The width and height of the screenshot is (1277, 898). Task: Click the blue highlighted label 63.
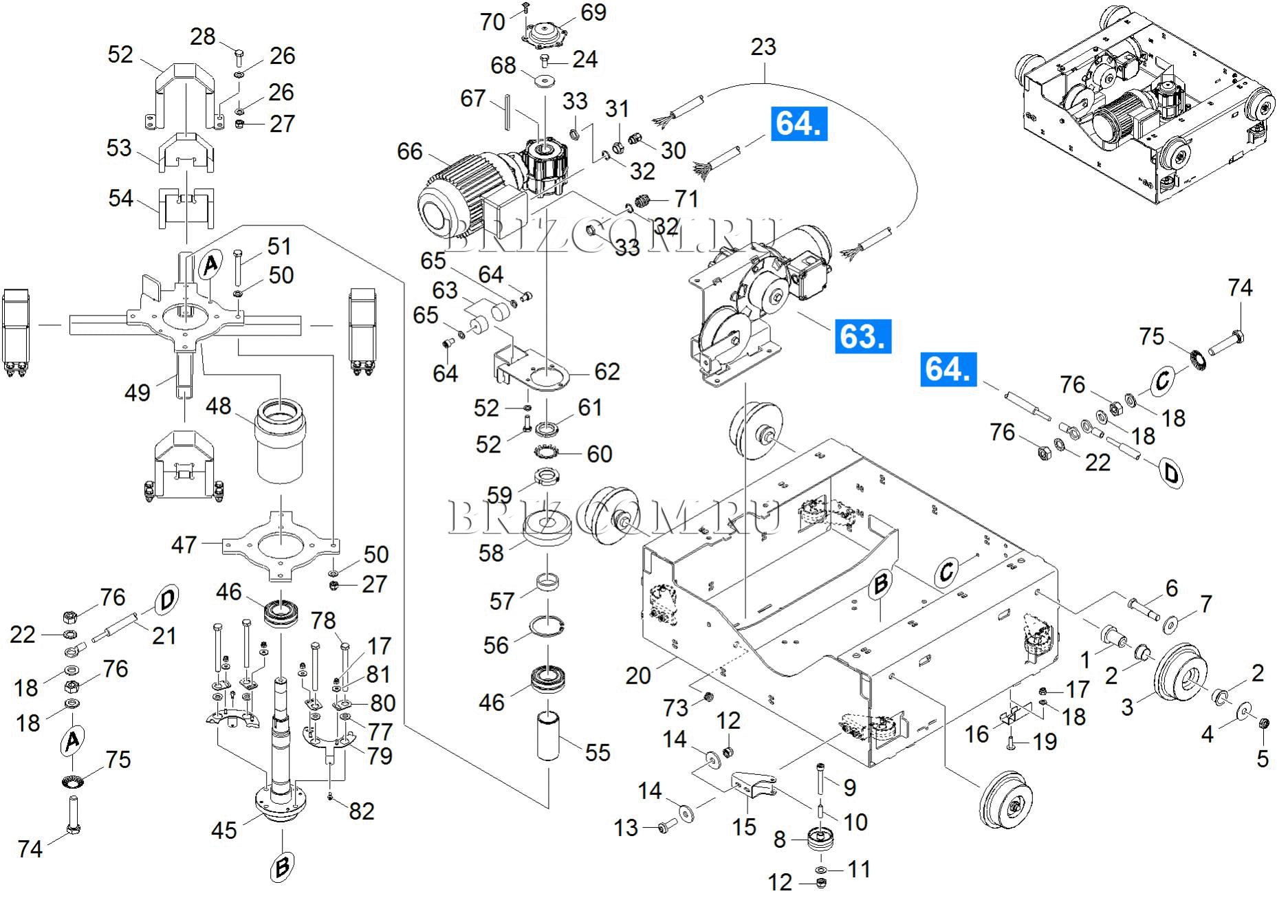[863, 336]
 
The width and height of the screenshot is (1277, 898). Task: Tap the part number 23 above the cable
[763, 47]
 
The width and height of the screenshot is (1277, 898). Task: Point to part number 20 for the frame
[637, 675]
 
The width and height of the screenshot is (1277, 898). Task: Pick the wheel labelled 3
[1181, 677]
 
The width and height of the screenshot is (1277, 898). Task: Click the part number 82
[361, 811]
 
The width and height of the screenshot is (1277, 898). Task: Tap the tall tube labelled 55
[548, 736]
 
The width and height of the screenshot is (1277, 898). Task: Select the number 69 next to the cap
[593, 12]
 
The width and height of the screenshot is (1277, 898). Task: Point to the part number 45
[223, 830]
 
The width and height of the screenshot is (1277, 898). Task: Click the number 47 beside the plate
[184, 545]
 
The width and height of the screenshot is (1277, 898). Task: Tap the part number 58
[491, 553]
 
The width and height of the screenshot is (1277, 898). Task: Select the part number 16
[976, 734]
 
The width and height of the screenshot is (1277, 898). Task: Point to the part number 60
[599, 454]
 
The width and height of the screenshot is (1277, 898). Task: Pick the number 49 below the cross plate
[137, 393]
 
